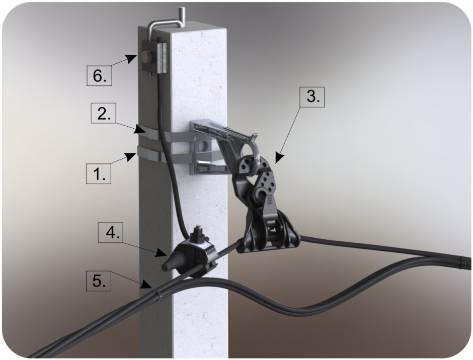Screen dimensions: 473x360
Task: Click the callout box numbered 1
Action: (99, 173)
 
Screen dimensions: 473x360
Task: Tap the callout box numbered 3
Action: (313, 97)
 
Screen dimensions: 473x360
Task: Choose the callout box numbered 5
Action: (98, 281)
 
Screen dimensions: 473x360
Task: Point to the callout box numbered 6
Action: (99, 76)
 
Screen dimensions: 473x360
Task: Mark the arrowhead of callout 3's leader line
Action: (279, 158)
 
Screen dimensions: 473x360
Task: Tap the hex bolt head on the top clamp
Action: (146, 58)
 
